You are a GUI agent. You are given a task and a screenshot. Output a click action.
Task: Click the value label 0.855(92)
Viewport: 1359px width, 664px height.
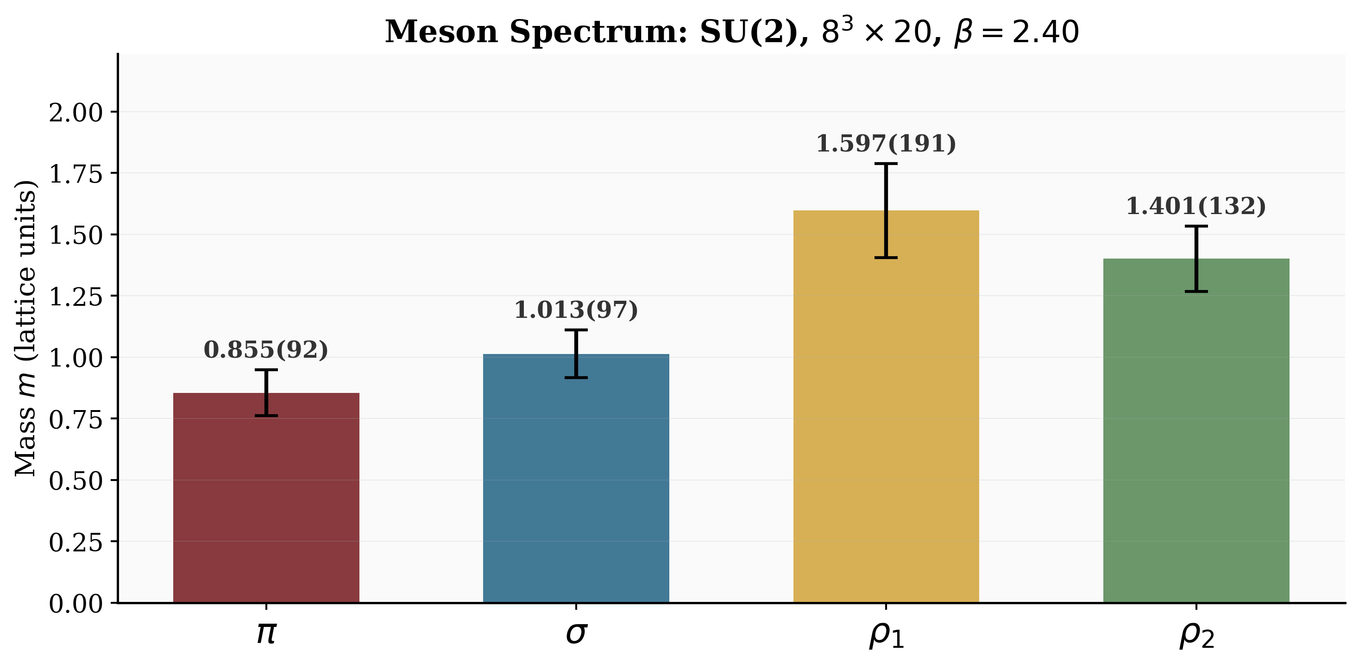(266, 350)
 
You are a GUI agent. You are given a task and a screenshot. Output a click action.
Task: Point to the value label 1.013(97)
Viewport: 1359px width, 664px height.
(576, 310)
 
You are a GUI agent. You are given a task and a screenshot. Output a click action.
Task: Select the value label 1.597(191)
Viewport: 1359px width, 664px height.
(886, 144)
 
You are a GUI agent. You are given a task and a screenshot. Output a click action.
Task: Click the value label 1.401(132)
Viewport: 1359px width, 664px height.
(1196, 206)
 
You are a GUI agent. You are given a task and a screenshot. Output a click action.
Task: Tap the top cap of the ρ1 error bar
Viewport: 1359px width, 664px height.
(886, 164)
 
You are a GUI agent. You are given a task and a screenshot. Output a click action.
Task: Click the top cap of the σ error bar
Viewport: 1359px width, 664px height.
(576, 330)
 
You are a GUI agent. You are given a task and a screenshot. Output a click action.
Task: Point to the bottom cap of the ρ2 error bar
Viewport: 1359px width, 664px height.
(1196, 291)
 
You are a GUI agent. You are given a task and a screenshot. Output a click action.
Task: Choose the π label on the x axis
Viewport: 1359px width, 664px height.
(266, 633)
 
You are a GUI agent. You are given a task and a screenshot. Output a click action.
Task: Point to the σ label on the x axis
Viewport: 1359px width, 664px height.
(576, 633)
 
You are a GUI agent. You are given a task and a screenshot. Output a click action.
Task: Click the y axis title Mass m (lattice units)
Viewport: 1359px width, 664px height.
(25, 329)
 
